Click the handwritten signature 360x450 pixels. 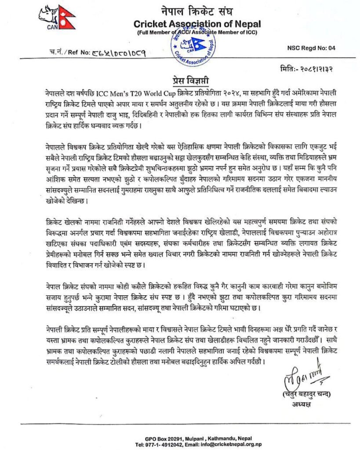pos(303,377)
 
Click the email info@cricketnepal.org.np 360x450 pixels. pos(233,444)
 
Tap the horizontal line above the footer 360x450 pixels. pos(180,424)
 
